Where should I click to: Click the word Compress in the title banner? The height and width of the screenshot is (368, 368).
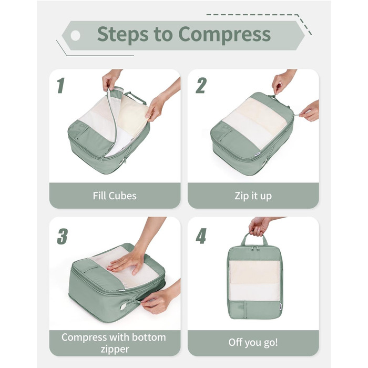pyautogui.click(x=224, y=35)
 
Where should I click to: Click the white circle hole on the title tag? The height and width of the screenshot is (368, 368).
pyautogui.click(x=75, y=36)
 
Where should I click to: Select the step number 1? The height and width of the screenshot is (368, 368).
pyautogui.click(x=61, y=85)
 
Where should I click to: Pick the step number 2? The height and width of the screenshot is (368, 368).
pyautogui.click(x=201, y=85)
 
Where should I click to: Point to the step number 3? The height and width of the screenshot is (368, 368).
pyautogui.click(x=63, y=237)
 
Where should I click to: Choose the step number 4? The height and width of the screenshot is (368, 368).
pyautogui.click(x=201, y=236)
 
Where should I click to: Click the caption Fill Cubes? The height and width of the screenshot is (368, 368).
pyautogui.click(x=115, y=196)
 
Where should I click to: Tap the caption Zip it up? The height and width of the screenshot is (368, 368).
pyautogui.click(x=253, y=196)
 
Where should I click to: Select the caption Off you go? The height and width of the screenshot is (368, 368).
pyautogui.click(x=253, y=342)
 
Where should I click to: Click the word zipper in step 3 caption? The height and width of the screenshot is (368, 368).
pyautogui.click(x=115, y=350)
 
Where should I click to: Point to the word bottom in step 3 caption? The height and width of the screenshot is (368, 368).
pyautogui.click(x=149, y=338)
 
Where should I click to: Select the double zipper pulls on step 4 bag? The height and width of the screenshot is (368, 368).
pyautogui.click(x=254, y=248)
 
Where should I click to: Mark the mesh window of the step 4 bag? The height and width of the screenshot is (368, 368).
pyautogui.click(x=254, y=280)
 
